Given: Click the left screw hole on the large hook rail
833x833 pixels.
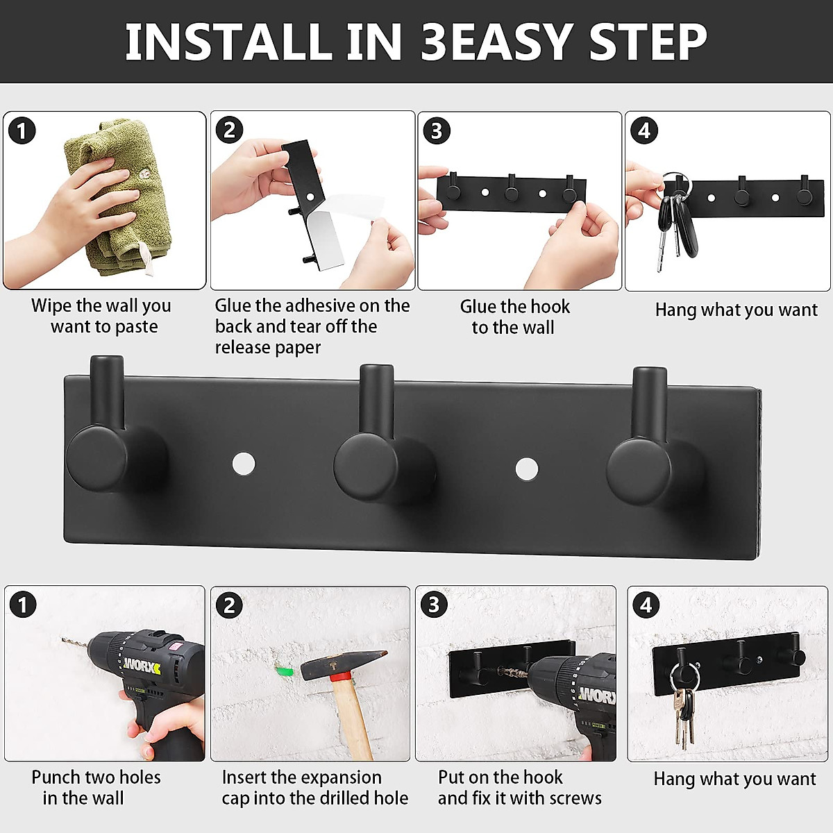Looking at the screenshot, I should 244,464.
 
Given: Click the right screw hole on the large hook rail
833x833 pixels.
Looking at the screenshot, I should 527,469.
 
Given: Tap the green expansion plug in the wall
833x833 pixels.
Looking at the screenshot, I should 284,671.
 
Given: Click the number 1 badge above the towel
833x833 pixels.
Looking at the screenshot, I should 22,131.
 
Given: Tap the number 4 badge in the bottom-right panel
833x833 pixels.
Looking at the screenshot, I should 646,605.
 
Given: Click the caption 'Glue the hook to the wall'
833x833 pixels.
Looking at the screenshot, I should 514,317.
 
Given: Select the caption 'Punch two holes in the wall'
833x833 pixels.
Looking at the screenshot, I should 96,788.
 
